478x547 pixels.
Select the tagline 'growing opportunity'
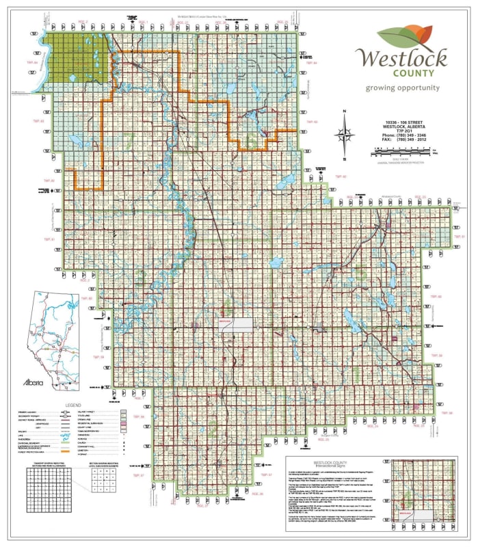pyautogui.click(x=402, y=88)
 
